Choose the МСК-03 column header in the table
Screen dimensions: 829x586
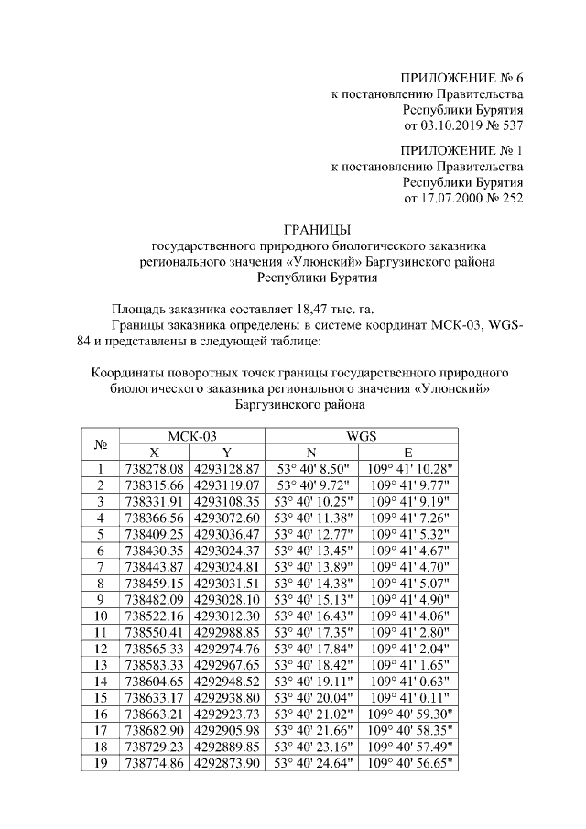[x=192, y=436]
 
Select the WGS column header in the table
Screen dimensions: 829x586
[x=362, y=436]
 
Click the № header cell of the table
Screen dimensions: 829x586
[x=102, y=444]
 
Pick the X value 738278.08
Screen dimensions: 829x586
[x=154, y=469]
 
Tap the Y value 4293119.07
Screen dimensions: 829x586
[x=227, y=485]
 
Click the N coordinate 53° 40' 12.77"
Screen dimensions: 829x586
[x=313, y=534]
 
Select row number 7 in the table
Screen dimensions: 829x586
[x=102, y=567]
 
